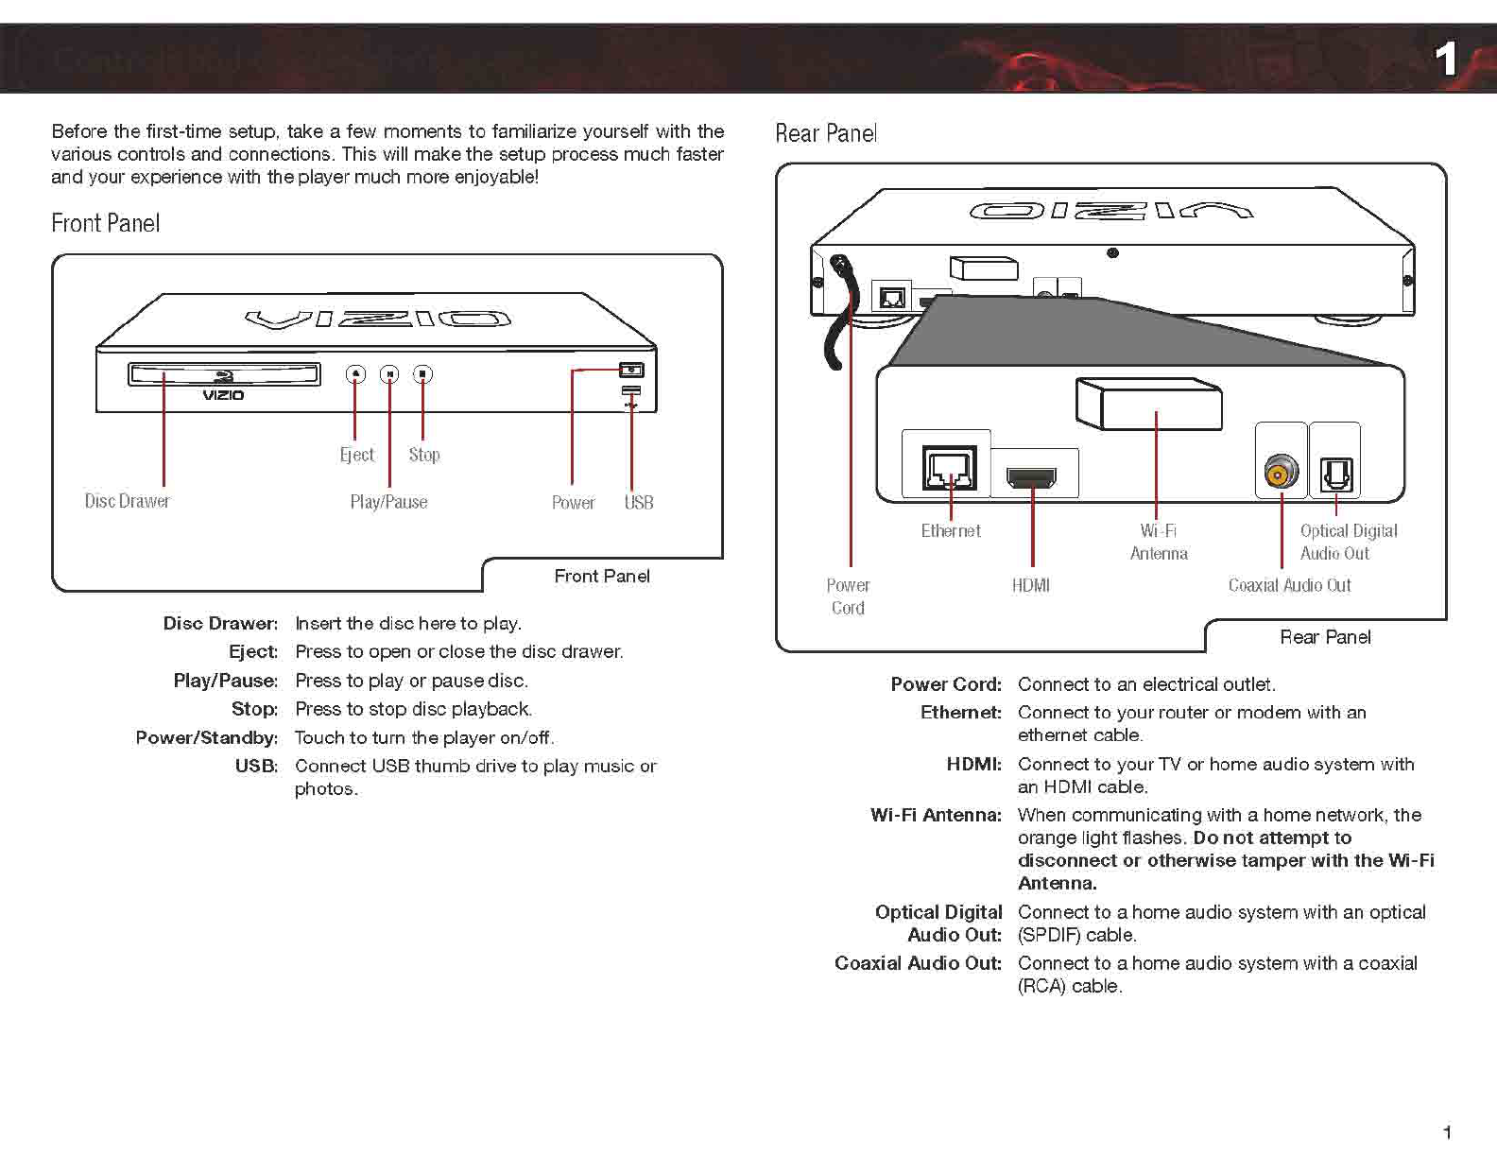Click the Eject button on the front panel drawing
tap(355, 374)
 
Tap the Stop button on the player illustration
tap(422, 374)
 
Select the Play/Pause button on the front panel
tap(389, 374)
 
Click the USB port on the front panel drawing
tap(631, 391)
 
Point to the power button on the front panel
tap(631, 370)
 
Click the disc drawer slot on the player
tap(224, 374)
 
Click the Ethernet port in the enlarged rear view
tap(949, 467)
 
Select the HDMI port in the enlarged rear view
tap(1032, 476)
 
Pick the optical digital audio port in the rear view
tap(1335, 474)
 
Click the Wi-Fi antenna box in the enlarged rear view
tap(1149, 404)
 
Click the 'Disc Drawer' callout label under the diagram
tap(128, 501)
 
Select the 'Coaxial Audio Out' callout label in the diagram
tap(1289, 586)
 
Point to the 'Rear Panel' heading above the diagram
tap(826, 134)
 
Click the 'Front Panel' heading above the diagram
tap(106, 224)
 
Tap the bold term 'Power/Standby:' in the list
tap(207, 738)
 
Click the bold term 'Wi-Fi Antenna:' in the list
tap(936, 815)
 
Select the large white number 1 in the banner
tap(1446, 60)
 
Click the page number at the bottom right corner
tap(1447, 1131)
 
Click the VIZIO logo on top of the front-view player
tap(378, 319)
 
